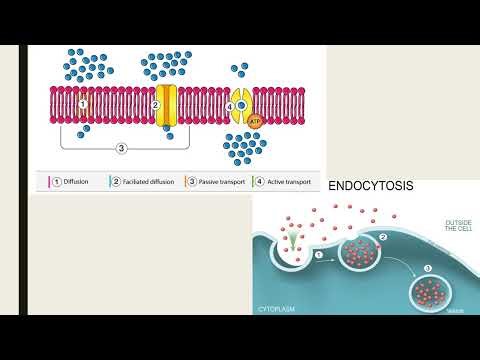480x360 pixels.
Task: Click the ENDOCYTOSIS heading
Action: [x=371, y=187]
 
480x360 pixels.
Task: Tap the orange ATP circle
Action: [x=240, y=129]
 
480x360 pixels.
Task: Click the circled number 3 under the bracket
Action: [x=121, y=149]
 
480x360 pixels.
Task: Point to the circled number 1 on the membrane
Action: [x=83, y=103]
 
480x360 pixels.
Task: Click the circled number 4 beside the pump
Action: [x=229, y=105]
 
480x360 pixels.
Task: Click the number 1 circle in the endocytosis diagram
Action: [x=320, y=255]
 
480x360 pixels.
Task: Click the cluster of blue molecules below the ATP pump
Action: [x=244, y=148]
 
